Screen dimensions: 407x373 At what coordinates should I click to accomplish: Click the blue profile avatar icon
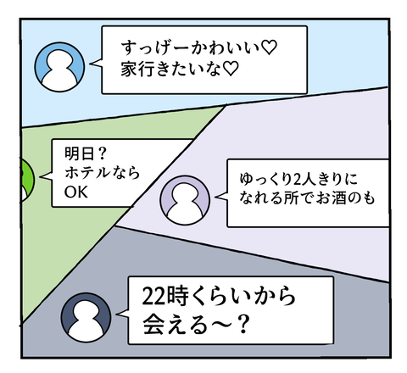[x=59, y=67]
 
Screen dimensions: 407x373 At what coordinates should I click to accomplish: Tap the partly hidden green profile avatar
[x=27, y=181]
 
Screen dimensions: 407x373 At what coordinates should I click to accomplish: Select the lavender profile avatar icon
[x=185, y=200]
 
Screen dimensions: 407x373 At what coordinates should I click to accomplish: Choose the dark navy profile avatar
[x=86, y=317]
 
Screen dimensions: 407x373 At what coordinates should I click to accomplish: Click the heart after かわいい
[x=269, y=47]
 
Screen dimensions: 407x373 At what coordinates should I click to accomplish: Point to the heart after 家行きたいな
[x=231, y=69]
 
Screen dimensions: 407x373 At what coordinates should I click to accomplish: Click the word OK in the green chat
[x=75, y=192]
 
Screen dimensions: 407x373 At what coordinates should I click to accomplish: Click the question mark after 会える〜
[x=243, y=324]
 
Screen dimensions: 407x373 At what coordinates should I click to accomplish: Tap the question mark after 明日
[x=102, y=153]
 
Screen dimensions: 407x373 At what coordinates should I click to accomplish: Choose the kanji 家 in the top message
[x=129, y=69]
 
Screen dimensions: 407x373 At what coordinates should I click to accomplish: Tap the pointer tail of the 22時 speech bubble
[x=122, y=315]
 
